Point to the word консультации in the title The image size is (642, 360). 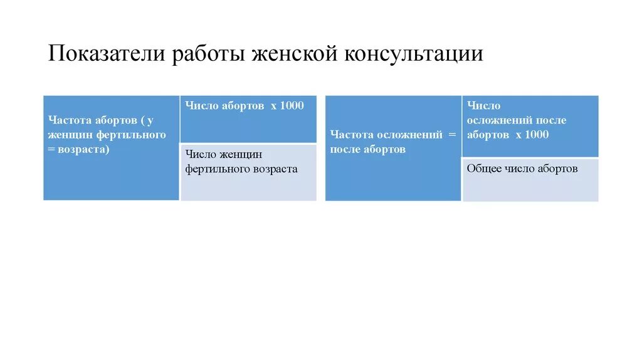click(413, 54)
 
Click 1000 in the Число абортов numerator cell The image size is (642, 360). click(292, 105)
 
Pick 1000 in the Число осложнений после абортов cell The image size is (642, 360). click(536, 135)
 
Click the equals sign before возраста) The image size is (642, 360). click(51, 150)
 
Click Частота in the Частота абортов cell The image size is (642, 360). click(67, 120)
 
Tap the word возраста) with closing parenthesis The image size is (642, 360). click(83, 150)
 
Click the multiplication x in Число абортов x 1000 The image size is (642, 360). click(273, 105)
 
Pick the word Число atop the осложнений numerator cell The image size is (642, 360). click(483, 105)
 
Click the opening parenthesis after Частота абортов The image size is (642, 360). click(144, 120)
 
